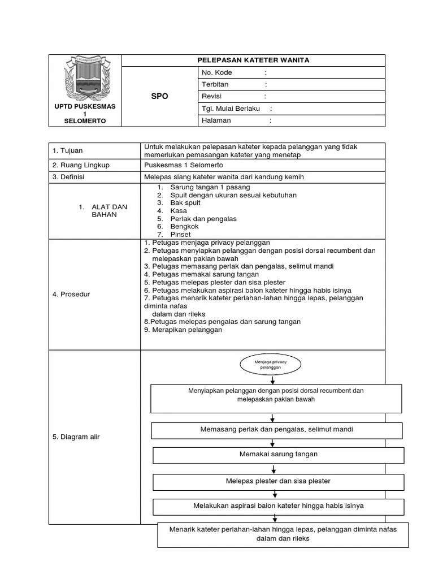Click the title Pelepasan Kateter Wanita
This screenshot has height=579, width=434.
253,61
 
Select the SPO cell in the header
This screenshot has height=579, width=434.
159,96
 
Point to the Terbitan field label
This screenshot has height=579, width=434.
215,85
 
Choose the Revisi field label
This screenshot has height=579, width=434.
212,97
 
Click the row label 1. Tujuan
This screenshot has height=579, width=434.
67,150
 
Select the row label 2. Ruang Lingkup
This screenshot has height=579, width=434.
81,165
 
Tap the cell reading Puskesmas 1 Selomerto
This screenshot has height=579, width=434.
184,165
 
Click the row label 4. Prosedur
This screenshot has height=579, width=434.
71,295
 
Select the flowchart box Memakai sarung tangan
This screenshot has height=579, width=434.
279,455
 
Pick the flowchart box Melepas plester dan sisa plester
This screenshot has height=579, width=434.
278,481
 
